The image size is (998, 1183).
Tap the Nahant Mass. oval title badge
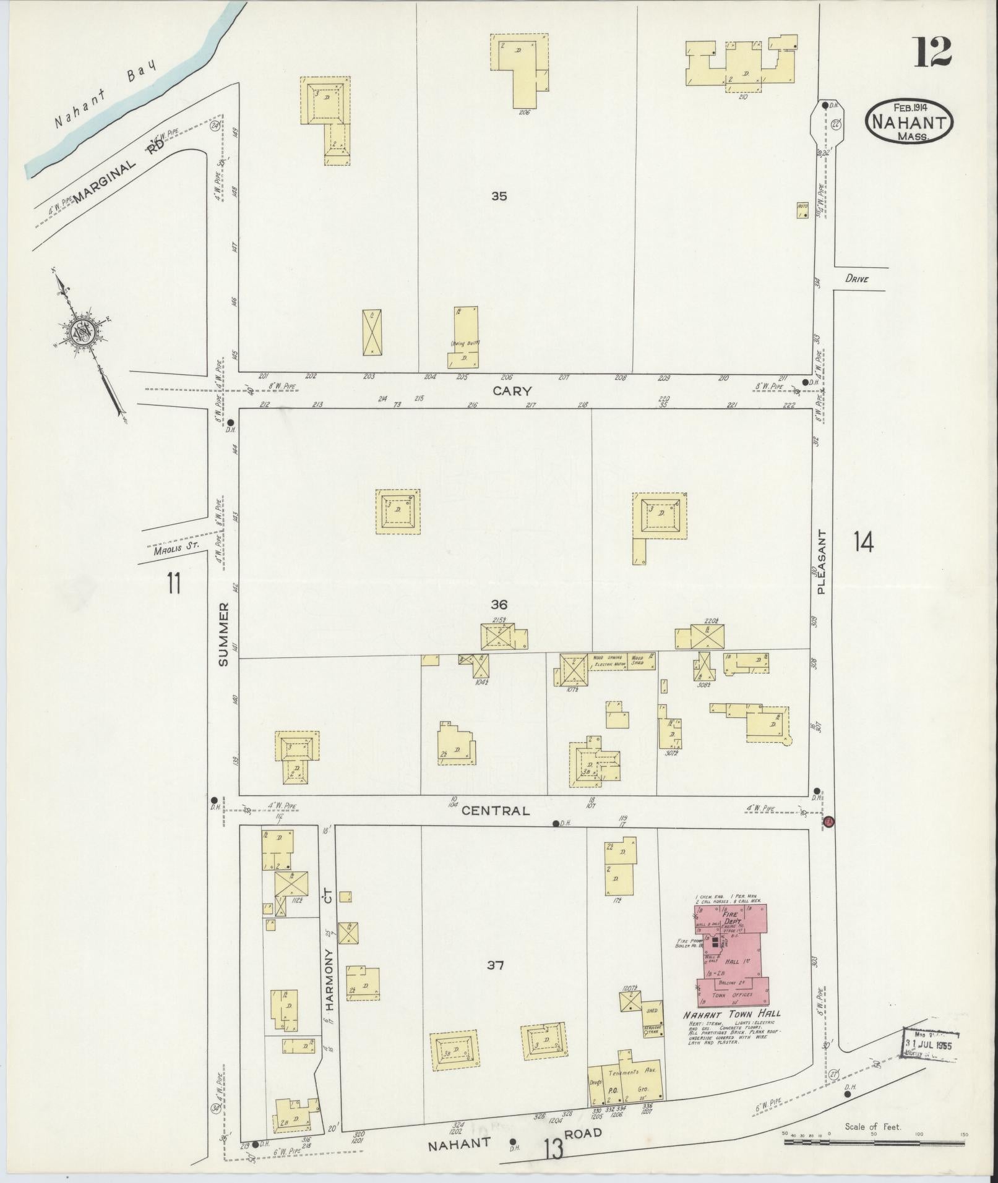coord(909,122)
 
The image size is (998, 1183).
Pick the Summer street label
coord(223,633)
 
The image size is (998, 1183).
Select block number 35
coord(499,197)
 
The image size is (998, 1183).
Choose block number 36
coord(499,604)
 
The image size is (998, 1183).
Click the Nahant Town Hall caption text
coord(731,1014)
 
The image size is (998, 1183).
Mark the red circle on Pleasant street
coord(830,822)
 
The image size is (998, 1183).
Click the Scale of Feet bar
coord(874,1142)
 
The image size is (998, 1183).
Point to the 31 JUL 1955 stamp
coord(931,1046)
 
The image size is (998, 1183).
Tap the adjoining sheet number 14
coord(863,542)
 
